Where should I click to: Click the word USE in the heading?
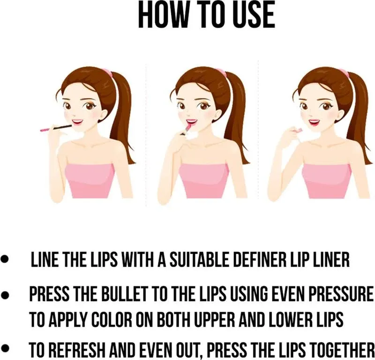254,15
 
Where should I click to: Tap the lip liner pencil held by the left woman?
56,128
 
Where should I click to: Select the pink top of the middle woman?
204,181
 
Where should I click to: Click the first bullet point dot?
5,260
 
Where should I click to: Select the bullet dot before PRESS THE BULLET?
5,294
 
